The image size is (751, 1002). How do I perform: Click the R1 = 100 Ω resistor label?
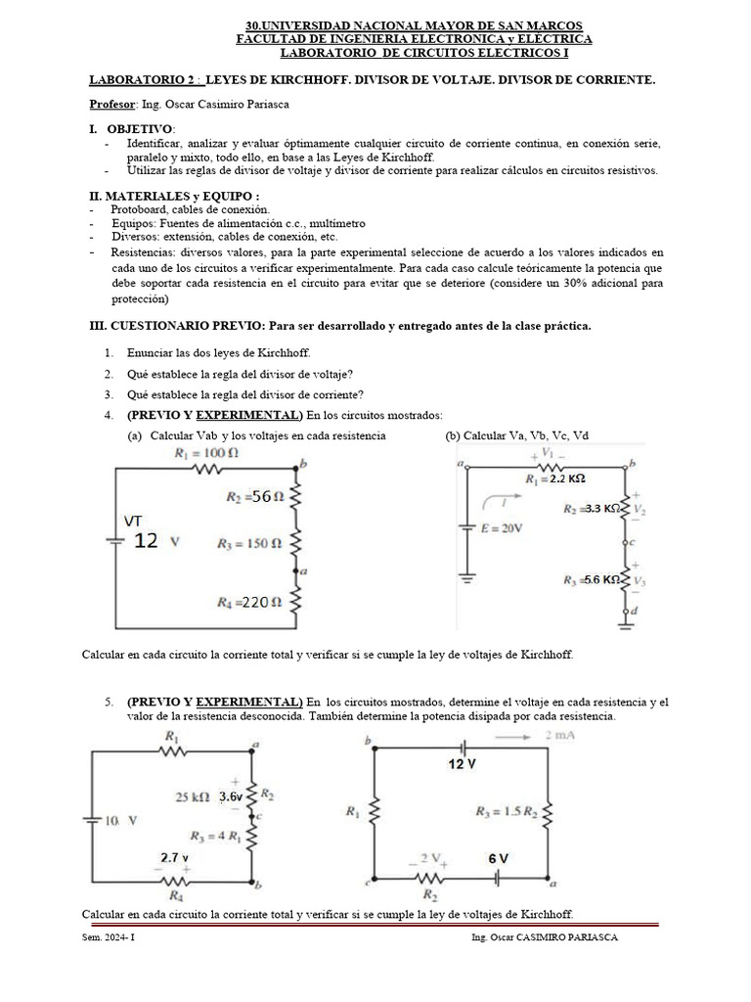206,453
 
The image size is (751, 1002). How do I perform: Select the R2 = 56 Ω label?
254,497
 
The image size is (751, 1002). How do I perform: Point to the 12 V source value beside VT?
146,540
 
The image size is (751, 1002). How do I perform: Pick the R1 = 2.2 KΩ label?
554,479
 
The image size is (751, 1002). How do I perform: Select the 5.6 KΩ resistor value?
601,580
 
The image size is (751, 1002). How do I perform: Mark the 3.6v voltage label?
231,797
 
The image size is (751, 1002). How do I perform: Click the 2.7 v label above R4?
175,856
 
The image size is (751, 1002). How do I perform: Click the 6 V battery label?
498,858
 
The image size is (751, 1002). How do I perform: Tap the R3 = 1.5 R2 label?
508,810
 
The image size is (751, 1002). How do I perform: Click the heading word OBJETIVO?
139,129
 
